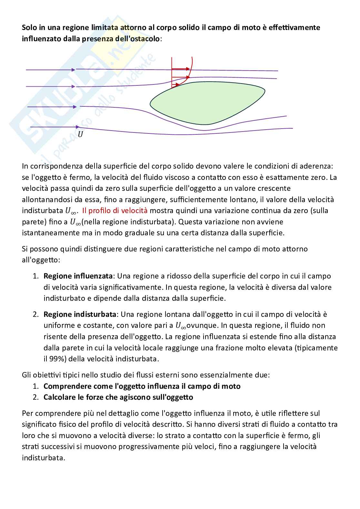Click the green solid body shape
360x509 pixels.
(x=206, y=103)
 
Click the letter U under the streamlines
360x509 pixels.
(x=80, y=134)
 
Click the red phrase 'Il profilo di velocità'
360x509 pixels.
(x=115, y=211)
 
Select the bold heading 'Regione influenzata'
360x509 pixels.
(x=78, y=276)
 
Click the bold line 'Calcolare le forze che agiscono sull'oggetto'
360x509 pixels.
(x=118, y=397)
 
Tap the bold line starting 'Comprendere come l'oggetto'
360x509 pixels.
(x=142, y=386)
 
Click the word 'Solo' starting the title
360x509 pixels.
(x=29, y=27)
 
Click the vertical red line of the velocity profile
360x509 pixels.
(x=172, y=73)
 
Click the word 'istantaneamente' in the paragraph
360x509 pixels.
(x=51, y=233)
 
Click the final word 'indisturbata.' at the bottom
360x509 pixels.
(x=44, y=458)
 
